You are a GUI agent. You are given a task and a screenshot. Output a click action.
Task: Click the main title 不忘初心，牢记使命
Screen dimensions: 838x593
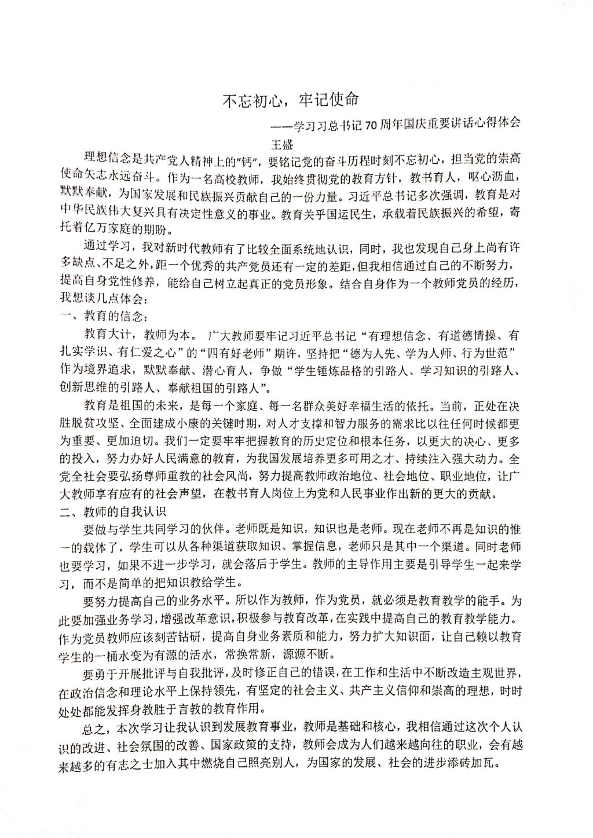point(292,100)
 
